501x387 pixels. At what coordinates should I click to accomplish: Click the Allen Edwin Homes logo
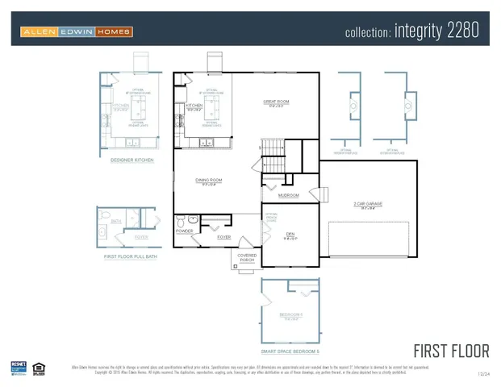click(77, 31)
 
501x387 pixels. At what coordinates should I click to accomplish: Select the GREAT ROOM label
click(275, 102)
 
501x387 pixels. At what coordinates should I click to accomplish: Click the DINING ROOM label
click(208, 180)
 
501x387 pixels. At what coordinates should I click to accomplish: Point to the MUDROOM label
click(288, 195)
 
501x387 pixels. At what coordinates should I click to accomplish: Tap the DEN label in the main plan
click(290, 234)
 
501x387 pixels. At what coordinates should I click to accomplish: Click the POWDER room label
click(184, 231)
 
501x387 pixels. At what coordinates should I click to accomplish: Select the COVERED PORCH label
click(246, 258)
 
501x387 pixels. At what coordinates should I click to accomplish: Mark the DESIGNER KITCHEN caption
click(132, 160)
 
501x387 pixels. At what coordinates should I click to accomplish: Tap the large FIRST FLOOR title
click(451, 351)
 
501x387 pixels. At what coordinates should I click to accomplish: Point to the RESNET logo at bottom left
click(19, 368)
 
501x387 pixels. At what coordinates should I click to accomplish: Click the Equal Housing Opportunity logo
click(38, 368)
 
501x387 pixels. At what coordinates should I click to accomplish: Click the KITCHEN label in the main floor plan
click(194, 106)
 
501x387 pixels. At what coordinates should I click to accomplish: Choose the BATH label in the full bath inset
click(115, 220)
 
